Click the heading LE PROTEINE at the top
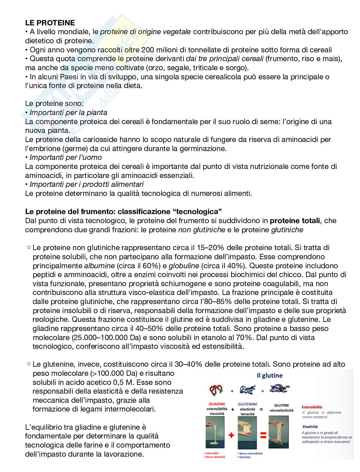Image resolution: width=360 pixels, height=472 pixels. (50, 23)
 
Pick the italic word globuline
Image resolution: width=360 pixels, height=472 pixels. (184, 265)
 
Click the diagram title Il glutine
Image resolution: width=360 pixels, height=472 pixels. (269, 375)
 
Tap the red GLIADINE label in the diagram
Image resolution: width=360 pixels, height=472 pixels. (217, 404)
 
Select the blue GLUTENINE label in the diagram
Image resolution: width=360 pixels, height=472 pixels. (247, 404)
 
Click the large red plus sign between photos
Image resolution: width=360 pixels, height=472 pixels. (232, 435)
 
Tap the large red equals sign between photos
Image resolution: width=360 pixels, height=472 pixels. (263, 435)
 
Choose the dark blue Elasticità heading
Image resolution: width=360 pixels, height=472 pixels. (310, 427)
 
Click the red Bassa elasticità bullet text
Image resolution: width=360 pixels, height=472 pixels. (215, 457)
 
